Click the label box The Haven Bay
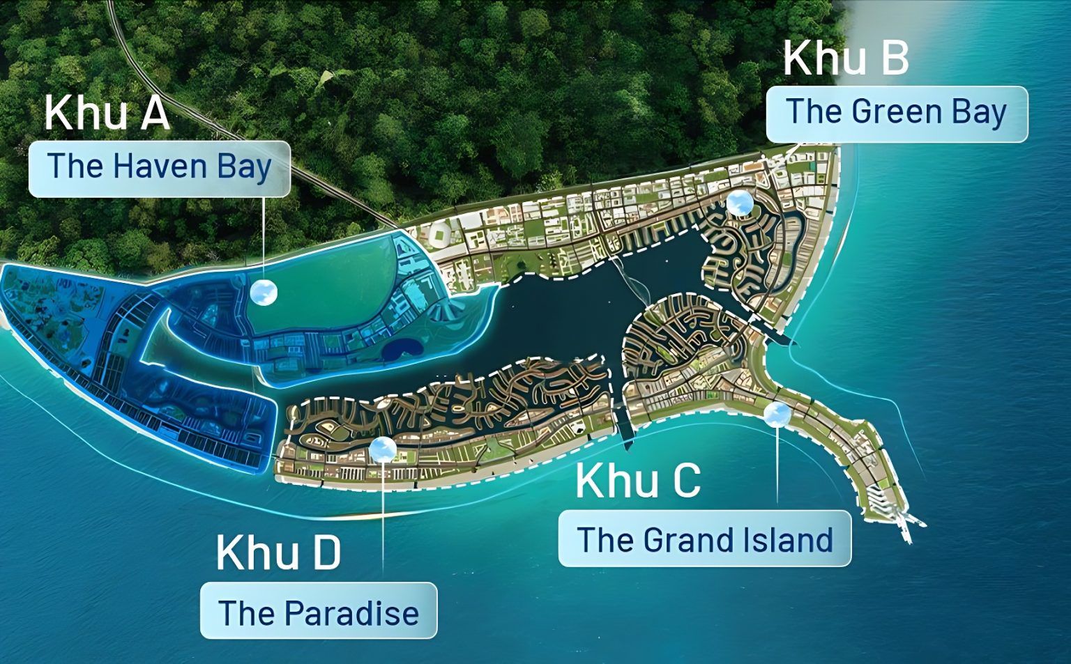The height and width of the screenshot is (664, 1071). click(x=159, y=168)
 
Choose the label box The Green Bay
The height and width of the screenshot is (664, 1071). click(x=897, y=114)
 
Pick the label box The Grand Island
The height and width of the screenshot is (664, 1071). click(x=704, y=539)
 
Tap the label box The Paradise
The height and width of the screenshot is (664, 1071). click(x=319, y=611)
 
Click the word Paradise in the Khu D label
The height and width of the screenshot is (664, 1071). click(x=352, y=612)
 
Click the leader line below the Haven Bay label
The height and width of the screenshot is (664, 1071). click(x=264, y=237)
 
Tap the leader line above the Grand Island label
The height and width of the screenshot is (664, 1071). click(x=777, y=467)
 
